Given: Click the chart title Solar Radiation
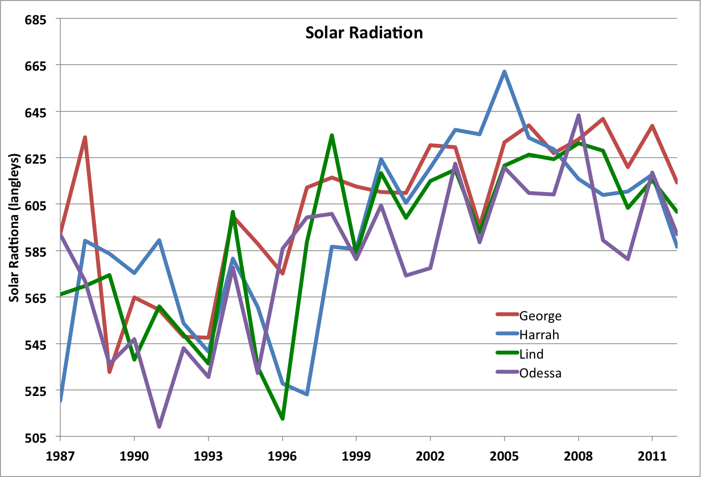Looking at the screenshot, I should pyautogui.click(x=364, y=33).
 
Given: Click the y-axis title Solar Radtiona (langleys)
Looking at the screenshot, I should pyautogui.click(x=14, y=227).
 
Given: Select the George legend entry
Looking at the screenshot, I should pyautogui.click(x=540, y=316).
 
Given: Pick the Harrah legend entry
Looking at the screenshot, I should pyautogui.click(x=539, y=335).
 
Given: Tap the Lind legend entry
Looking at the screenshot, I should pyautogui.click(x=531, y=354).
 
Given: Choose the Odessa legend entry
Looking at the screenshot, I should pyautogui.click(x=540, y=373).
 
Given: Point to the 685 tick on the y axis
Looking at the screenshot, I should pyautogui.click(x=36, y=20).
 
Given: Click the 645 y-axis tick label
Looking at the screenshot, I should pyautogui.click(x=36, y=112).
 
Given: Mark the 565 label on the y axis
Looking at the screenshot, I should pyautogui.click(x=36, y=298).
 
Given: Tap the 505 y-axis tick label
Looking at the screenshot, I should pyautogui.click(x=36, y=438).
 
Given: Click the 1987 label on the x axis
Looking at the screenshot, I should pyautogui.click(x=60, y=456).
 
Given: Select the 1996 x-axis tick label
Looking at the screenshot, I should pyautogui.click(x=282, y=456).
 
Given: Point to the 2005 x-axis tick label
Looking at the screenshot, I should pyautogui.click(x=504, y=456).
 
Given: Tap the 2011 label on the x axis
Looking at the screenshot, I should pyautogui.click(x=652, y=456).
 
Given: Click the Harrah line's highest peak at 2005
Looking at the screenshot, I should pyautogui.click(x=504, y=72).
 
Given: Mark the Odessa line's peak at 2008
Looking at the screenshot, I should pyautogui.click(x=579, y=115).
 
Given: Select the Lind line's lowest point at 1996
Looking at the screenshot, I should pyautogui.click(x=283, y=418).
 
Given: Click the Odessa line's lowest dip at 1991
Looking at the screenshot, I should pyautogui.click(x=159, y=427).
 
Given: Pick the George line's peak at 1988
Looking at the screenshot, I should pyautogui.click(x=85, y=137).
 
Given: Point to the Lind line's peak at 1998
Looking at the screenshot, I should pyautogui.click(x=332, y=135).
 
